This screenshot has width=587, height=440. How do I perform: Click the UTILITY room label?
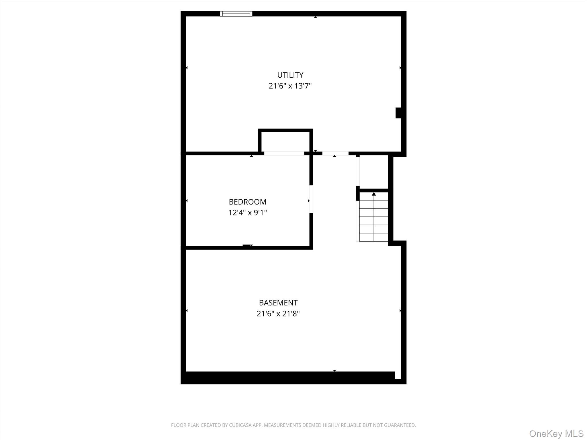(x=290, y=75)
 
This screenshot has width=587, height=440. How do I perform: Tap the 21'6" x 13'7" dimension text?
(x=290, y=86)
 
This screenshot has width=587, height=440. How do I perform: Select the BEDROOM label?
(x=248, y=202)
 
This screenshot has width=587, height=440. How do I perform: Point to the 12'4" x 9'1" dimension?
(x=248, y=213)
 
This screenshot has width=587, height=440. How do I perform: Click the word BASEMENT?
(x=278, y=303)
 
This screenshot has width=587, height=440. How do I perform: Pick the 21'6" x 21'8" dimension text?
(x=278, y=314)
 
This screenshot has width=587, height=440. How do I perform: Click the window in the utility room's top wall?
(x=236, y=14)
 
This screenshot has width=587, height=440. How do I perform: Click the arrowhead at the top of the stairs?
(x=374, y=194)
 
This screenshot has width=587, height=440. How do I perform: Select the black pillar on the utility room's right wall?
(x=398, y=113)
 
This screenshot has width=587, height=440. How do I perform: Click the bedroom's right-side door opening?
(x=311, y=199)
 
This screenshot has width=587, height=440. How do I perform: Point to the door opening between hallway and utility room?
(x=335, y=154)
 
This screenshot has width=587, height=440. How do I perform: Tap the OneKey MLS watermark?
(x=556, y=434)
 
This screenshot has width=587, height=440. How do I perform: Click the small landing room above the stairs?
(x=374, y=172)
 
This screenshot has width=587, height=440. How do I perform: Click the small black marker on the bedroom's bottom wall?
(x=247, y=246)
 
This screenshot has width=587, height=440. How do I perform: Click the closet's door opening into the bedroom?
(x=284, y=154)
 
